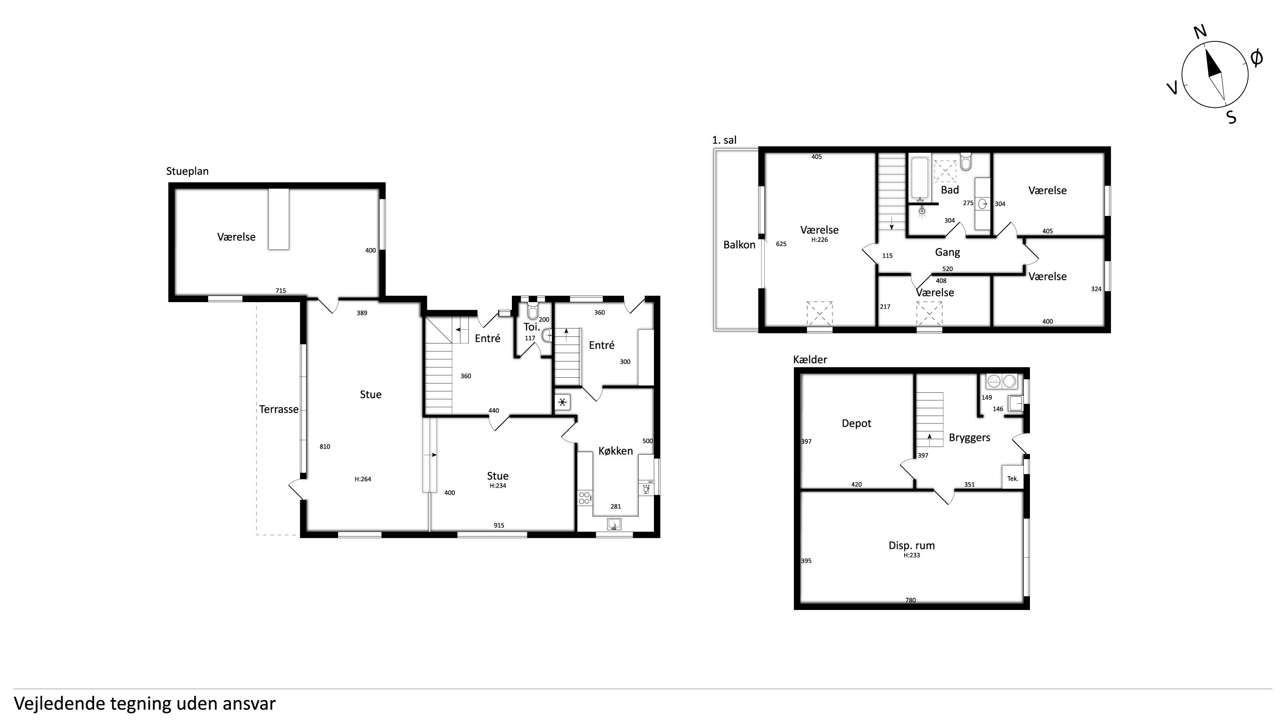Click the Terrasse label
pyautogui.click(x=278, y=409)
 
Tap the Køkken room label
pyautogui.click(x=616, y=451)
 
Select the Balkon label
pyautogui.click(x=739, y=245)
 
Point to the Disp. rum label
pyautogui.click(x=911, y=545)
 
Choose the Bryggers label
pyautogui.click(x=969, y=438)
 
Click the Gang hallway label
pyautogui.click(x=947, y=252)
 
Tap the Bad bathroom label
pyautogui.click(x=950, y=190)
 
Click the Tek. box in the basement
pyautogui.click(x=1013, y=478)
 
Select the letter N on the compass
pyautogui.click(x=1200, y=32)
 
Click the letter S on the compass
pyautogui.click(x=1231, y=117)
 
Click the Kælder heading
pyautogui.click(x=810, y=359)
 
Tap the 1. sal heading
pyautogui.click(x=724, y=140)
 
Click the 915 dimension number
pyautogui.click(x=499, y=525)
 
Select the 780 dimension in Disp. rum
pyautogui.click(x=910, y=600)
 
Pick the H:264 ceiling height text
pyautogui.click(x=363, y=479)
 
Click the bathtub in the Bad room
pyautogui.click(x=920, y=179)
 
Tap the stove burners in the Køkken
pyautogui.click(x=584, y=497)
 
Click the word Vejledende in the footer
pyautogui.click(x=59, y=704)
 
